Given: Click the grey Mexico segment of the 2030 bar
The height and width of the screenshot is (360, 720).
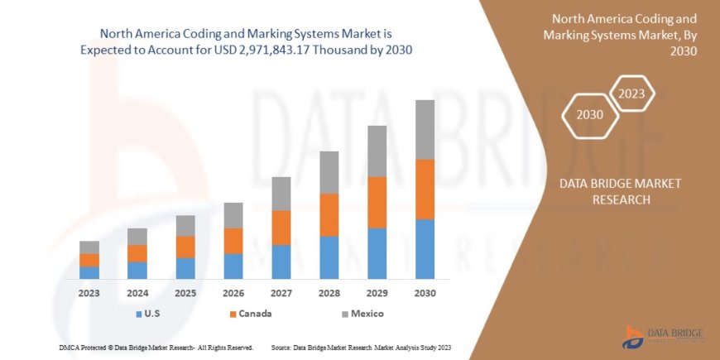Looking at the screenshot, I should tap(425, 129).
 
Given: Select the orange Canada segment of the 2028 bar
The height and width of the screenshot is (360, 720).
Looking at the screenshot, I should tap(329, 215).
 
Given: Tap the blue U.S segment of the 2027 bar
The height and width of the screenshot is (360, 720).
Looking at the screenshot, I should tap(281, 262).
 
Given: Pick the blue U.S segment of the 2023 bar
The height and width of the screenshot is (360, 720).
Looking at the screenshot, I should tap(89, 272).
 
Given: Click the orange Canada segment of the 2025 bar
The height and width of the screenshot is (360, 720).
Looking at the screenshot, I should tap(185, 247).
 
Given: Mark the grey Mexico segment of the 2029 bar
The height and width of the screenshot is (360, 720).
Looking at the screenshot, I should tap(377, 151).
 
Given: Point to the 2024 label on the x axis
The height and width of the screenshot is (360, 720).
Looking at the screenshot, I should tap(137, 293).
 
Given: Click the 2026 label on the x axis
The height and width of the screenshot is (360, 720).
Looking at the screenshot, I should tap(233, 293).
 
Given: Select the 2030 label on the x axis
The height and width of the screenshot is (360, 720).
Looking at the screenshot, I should tap(425, 293).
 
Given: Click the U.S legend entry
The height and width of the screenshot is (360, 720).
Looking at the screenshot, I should tap(148, 314).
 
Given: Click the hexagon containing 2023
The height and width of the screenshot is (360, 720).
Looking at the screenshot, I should tap(631, 94).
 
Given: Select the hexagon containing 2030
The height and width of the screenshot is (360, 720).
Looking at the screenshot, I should tap(589, 114).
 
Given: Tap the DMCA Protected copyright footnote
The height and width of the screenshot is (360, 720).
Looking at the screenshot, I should tap(156, 347).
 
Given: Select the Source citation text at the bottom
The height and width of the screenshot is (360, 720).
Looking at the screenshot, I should tap(360, 347).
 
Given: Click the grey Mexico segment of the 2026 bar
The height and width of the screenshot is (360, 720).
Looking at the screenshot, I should tap(233, 215).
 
